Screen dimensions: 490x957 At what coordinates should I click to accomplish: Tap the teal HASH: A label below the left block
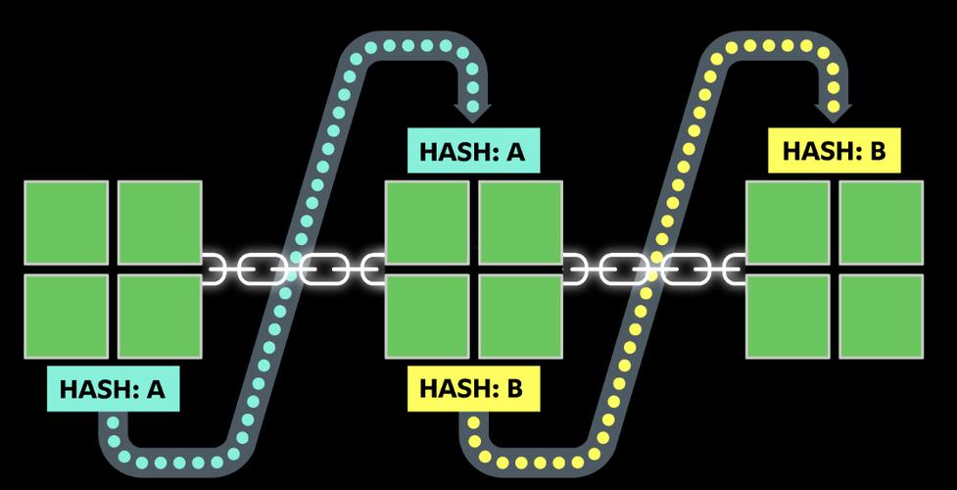(113, 389)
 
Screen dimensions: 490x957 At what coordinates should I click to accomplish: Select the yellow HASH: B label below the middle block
(472, 387)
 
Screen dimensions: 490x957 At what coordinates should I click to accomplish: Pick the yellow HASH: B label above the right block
(835, 152)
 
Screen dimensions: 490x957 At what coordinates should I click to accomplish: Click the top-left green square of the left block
(67, 222)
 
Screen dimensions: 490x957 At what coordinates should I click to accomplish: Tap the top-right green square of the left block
(160, 222)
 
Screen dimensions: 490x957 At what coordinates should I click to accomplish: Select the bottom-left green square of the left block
(67, 316)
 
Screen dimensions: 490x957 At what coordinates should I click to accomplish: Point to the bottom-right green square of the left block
(160, 316)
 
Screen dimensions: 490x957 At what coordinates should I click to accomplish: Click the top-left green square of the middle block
(427, 222)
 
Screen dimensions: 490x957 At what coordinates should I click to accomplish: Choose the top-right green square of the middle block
(520, 222)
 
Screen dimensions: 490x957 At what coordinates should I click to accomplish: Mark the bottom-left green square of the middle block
(427, 316)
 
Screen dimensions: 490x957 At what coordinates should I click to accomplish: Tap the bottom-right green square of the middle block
(520, 316)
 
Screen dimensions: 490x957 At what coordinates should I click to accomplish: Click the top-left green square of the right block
(788, 222)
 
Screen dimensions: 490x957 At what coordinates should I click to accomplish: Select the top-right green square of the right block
(881, 222)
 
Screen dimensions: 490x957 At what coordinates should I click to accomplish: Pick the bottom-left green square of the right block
(788, 316)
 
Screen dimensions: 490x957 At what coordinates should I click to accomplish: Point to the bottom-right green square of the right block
(881, 316)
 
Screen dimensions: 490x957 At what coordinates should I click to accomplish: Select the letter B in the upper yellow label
(877, 152)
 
